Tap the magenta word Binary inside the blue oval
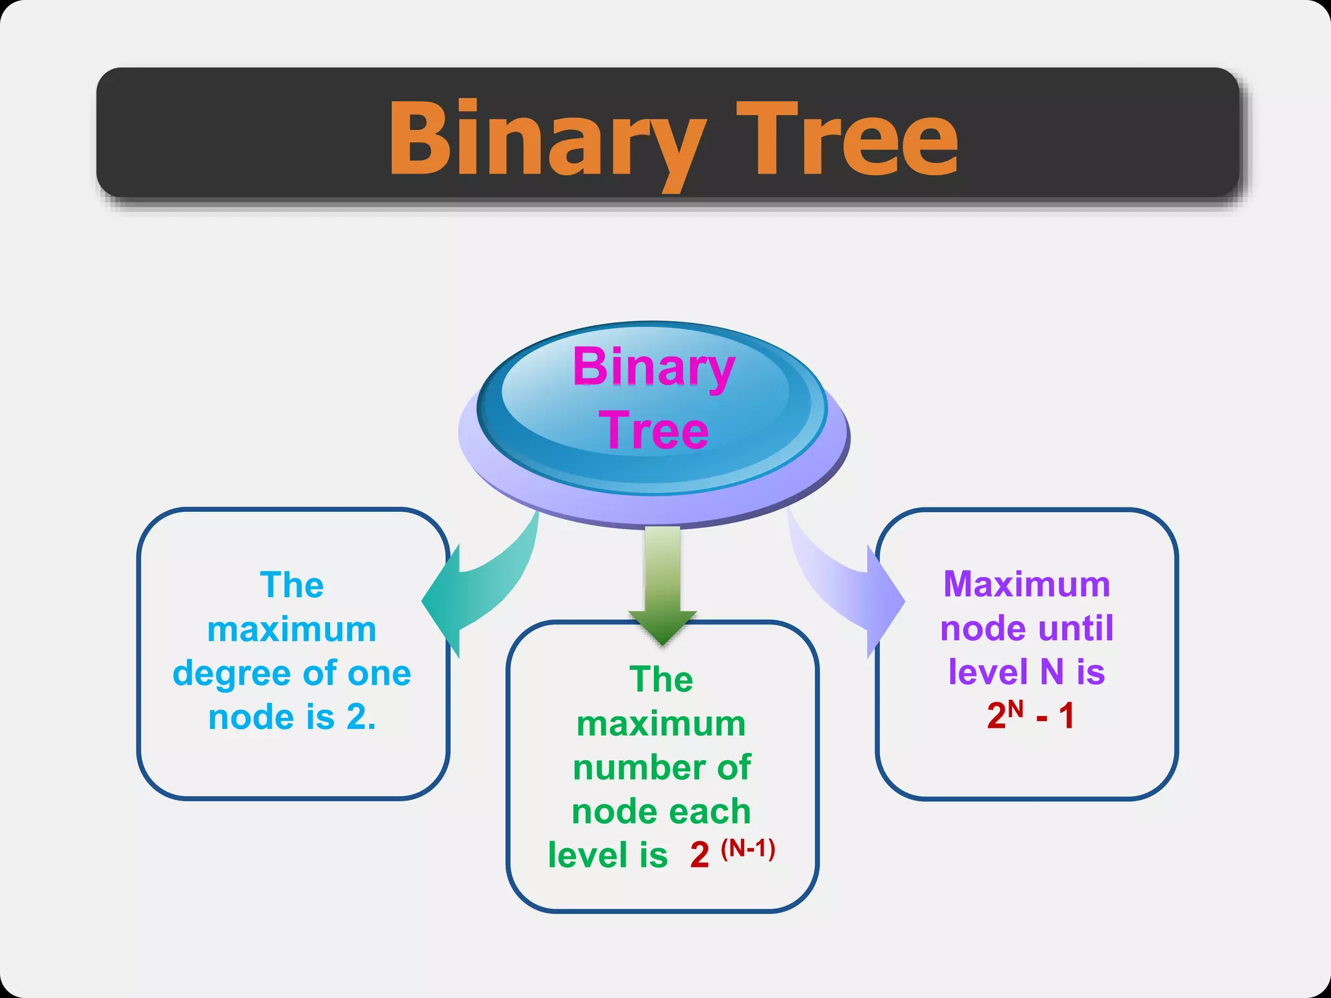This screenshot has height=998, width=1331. tap(653, 367)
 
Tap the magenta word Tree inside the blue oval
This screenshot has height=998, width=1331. tap(654, 430)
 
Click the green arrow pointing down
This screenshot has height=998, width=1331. tap(662, 585)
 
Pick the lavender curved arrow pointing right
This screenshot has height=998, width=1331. tap(845, 585)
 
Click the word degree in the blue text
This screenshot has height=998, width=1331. tap(231, 674)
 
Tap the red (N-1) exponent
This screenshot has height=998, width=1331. tap(748, 849)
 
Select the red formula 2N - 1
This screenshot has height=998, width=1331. tap(1030, 716)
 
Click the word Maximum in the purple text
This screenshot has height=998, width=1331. tap(1027, 584)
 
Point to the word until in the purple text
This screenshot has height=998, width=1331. tap(1076, 628)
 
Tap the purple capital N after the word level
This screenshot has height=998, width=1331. tap(1052, 672)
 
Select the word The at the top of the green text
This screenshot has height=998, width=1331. tap(662, 680)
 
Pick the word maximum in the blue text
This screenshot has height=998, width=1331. tap(292, 630)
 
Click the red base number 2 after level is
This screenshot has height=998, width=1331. tap(699, 855)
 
